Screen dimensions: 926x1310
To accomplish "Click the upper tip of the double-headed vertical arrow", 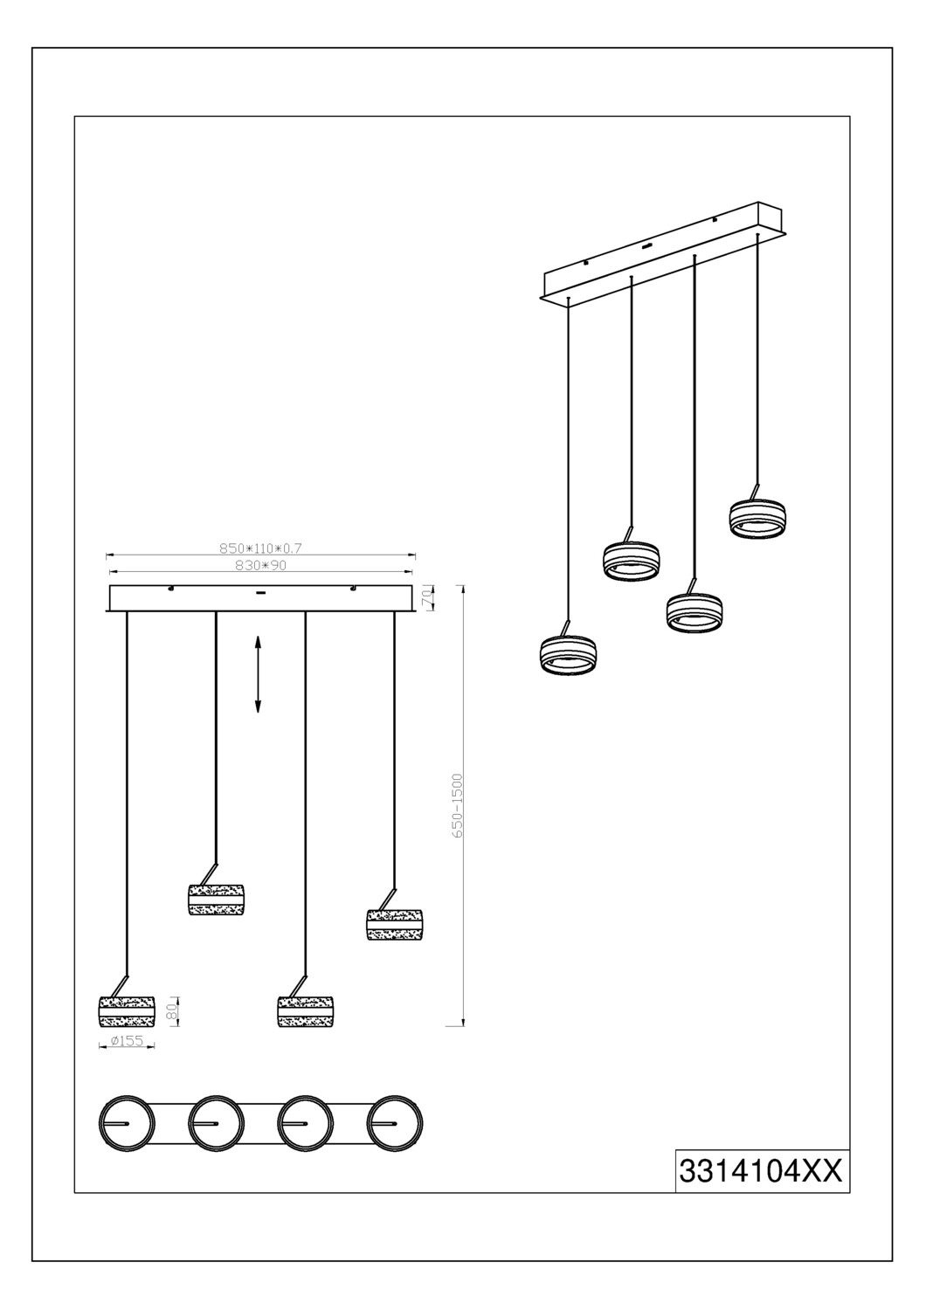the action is (258, 635).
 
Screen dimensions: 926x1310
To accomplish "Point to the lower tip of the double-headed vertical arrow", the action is (258, 714).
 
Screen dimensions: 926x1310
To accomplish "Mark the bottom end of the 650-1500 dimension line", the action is (463, 1025).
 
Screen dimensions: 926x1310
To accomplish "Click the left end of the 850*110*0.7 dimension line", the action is (106, 553).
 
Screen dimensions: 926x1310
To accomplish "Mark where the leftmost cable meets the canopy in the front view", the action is (127, 611).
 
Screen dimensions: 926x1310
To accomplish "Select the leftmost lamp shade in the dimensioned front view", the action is (127, 1011).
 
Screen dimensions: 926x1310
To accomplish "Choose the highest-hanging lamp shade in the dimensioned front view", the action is (216, 899).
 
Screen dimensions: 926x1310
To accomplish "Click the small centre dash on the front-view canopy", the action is (260, 592).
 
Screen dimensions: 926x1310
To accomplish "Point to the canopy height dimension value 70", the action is (427, 597).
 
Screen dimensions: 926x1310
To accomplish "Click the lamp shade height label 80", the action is (172, 1010).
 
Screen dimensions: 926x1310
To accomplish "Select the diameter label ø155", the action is (127, 1040).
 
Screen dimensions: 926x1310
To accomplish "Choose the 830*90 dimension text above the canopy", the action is (260, 566).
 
